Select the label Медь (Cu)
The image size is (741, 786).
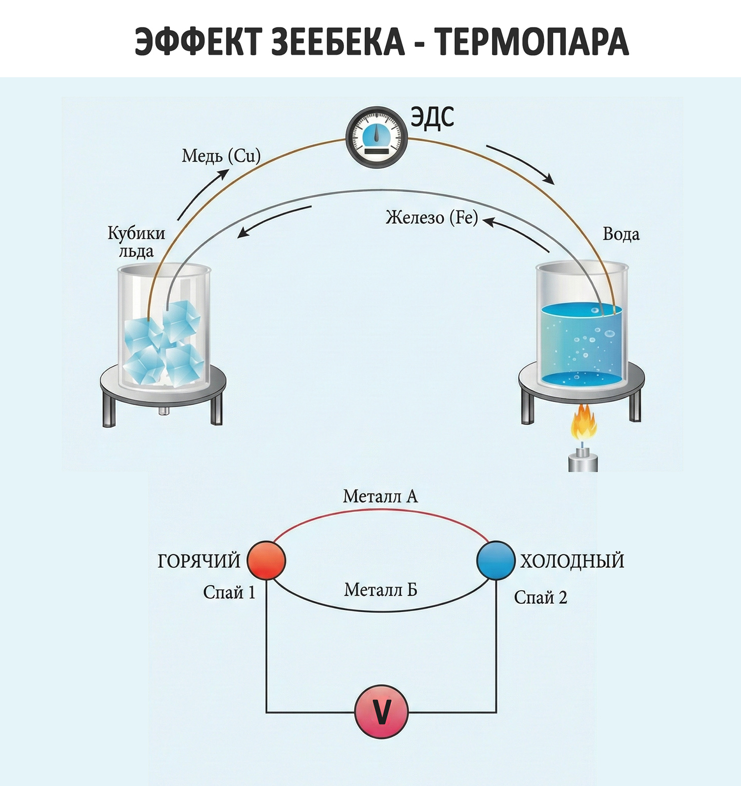pos(221,156)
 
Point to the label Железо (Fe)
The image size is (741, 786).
pos(432,217)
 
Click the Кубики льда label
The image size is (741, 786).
pos(136,242)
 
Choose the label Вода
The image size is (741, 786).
pos(620,234)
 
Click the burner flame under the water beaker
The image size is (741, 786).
pos(583,423)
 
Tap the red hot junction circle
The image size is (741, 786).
pos(266,560)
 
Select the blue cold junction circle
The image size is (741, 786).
pos(495,560)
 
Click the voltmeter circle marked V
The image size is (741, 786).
pos(381,711)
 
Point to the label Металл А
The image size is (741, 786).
pos(380,496)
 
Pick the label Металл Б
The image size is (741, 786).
pos(380,589)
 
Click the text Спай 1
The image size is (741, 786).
pos(229,592)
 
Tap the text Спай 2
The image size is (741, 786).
pos(540,597)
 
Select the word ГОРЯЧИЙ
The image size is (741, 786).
pos(199,561)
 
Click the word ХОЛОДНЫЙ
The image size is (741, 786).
pos(572,561)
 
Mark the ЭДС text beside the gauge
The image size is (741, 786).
pos(432,118)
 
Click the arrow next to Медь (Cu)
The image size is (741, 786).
pos(203,194)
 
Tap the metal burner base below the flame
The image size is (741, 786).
pos(583,462)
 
